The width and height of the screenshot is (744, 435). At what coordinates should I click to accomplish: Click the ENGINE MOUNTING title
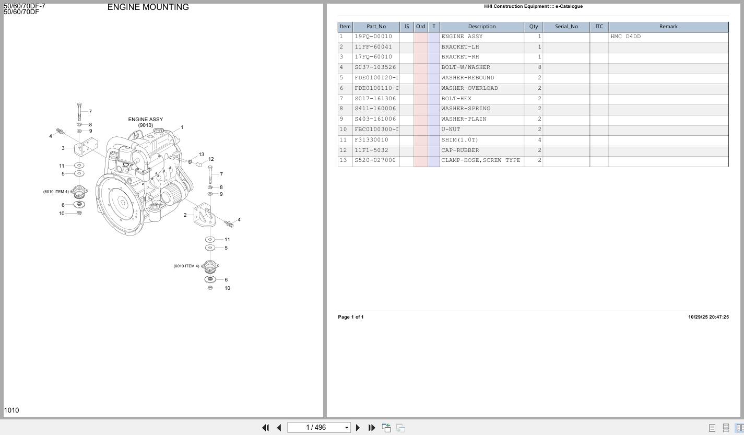pos(148,7)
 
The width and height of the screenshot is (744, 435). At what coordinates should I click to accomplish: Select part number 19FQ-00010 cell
pos(373,37)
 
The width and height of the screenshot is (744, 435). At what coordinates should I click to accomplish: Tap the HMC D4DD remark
pos(625,37)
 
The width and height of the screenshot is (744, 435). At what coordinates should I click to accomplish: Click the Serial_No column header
pos(566,27)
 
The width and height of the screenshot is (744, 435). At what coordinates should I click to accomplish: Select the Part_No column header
pos(376,27)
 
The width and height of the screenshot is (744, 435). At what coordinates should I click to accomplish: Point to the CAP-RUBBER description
pos(460,150)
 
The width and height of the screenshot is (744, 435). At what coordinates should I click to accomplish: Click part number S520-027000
pos(375,160)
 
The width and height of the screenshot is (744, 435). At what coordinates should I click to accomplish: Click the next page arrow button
pos(358,428)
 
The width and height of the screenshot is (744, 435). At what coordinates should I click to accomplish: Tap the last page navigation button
pos(372,428)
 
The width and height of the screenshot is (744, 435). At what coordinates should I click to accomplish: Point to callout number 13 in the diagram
pos(201,155)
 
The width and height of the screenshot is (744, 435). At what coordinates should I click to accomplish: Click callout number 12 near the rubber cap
pos(211,159)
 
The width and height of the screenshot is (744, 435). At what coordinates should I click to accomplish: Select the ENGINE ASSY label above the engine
pos(145,120)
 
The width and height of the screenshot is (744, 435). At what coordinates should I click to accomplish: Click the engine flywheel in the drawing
pos(122,202)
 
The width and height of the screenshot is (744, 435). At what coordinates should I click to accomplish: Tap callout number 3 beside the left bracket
pos(63,148)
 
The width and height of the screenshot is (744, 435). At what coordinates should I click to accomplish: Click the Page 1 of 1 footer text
pos(351,317)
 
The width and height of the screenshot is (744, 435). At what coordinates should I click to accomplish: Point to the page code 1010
pos(11,410)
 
